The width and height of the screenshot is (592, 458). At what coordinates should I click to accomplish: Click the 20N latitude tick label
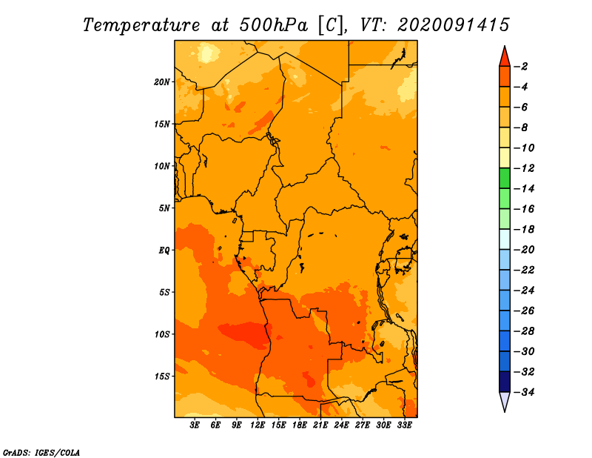pos(162,82)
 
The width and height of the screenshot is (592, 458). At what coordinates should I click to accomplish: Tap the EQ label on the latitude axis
pos(164,250)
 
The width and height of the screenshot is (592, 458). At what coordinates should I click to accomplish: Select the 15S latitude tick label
pos(162,376)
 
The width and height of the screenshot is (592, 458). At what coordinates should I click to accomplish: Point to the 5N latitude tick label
pos(164,208)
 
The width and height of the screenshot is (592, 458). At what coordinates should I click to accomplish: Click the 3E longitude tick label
pos(195,425)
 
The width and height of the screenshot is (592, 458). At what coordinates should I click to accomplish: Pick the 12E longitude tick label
pos(257,425)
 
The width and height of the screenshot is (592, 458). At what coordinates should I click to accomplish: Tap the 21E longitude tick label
pos(320,425)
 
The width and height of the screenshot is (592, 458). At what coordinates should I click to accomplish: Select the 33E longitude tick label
pos(404,425)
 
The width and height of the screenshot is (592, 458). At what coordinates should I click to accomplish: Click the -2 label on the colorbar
pos(521,67)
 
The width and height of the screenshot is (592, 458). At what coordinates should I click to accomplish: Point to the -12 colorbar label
pos(524,168)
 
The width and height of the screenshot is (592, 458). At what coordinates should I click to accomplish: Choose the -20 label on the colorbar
pos(524,250)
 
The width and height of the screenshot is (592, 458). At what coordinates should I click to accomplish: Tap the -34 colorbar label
pos(524,392)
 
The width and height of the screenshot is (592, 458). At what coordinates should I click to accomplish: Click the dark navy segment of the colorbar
pos(505,382)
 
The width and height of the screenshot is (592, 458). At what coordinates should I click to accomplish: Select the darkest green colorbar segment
pos(505,178)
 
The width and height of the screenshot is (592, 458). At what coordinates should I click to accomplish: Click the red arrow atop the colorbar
pos(505,57)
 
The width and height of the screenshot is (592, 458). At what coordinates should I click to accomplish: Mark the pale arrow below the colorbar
pos(505,402)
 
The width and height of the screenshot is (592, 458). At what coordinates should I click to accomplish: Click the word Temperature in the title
pos(141,25)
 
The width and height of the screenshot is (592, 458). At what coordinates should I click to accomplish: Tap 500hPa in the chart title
pos(274,25)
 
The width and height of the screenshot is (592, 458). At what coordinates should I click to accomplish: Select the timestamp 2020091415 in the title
pos(454,25)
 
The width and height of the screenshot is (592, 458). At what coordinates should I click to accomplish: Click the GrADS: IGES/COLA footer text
pos(41,452)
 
